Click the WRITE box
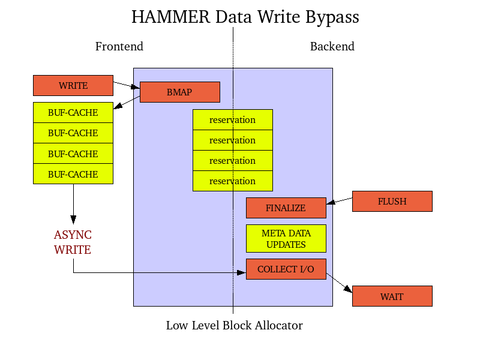[x=73, y=85]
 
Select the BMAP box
[x=179, y=92]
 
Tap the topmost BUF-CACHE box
[x=73, y=112]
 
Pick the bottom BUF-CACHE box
[x=73, y=174]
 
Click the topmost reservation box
[x=232, y=119]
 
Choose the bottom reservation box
[x=232, y=181]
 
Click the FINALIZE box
[x=286, y=208]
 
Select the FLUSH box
[x=392, y=201]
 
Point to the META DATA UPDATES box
[x=286, y=238]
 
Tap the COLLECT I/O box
[x=286, y=269]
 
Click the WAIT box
[x=392, y=296]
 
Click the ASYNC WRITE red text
[x=73, y=242]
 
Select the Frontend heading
[x=119, y=46]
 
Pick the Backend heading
[x=332, y=46]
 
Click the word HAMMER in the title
[x=170, y=17]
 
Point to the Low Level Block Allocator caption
[x=234, y=325]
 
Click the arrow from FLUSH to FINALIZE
[x=339, y=202]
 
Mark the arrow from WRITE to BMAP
[x=127, y=85]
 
